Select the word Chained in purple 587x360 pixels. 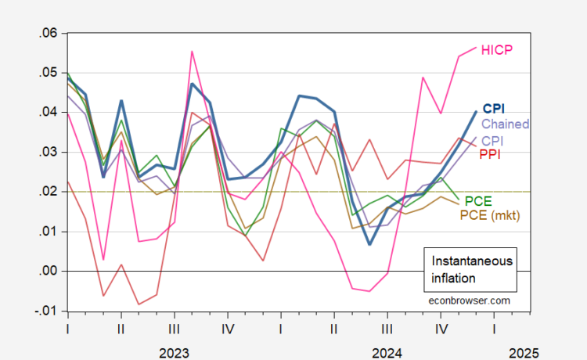pyautogui.click(x=505, y=124)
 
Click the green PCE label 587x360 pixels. pyautogui.click(x=478, y=201)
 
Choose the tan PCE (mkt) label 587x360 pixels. pyautogui.click(x=489, y=215)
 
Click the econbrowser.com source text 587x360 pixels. pyautogui.click(x=470, y=300)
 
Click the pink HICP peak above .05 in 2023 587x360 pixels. pyautogui.click(x=192, y=52)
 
